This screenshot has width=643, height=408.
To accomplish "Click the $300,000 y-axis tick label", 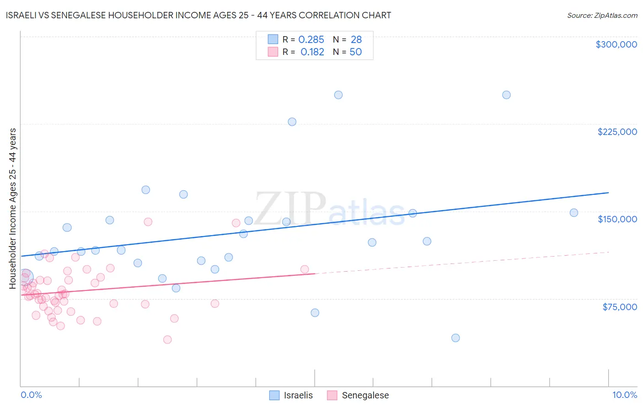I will point(616,44).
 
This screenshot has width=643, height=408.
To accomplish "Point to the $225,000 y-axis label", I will point(617,132).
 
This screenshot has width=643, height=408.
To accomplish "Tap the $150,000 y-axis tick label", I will point(617,219).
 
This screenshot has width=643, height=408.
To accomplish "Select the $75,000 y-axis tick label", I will point(619,307).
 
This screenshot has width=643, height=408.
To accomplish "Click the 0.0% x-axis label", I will point(31,395).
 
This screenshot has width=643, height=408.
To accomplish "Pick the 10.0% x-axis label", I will point(624,395).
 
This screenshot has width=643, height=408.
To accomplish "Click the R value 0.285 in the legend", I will point(311,40).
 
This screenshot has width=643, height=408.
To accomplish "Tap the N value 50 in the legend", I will point(355,52).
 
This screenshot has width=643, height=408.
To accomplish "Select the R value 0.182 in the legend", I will point(312,52).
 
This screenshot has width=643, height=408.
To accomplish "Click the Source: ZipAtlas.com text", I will point(602,16).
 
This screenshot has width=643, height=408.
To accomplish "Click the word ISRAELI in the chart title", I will point(23,15).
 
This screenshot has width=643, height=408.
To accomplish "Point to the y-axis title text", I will point(13,209).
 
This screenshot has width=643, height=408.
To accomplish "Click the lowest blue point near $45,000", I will point(455,338).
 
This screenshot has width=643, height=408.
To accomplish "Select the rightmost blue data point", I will point(574,213).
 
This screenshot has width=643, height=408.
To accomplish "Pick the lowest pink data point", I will point(167,339).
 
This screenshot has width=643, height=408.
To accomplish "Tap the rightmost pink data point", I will point(305,269).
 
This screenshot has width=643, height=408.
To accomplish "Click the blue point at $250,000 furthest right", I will point(506,95).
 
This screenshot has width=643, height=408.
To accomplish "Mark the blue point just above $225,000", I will point(292,122).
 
